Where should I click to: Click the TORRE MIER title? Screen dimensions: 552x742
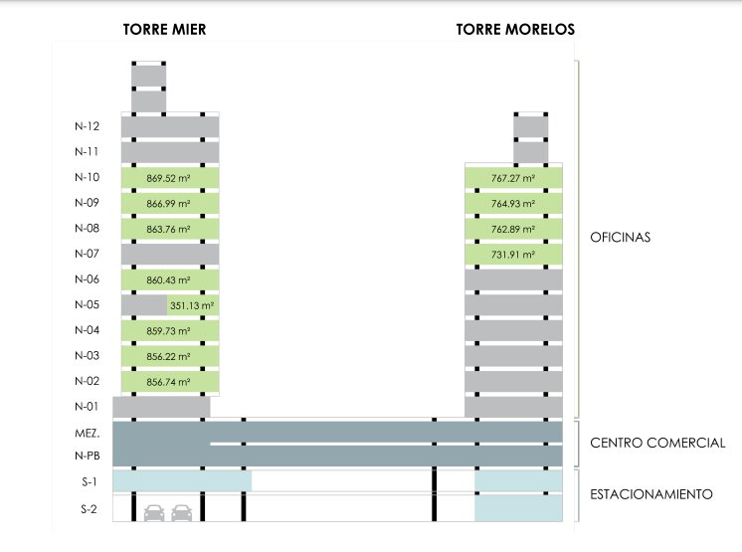click(x=164, y=30)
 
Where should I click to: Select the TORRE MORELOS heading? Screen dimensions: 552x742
click(x=515, y=30)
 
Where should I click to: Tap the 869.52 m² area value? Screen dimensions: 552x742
click(x=168, y=178)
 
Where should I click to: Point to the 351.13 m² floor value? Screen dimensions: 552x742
click(x=193, y=306)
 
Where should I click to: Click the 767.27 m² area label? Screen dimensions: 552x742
click(x=513, y=178)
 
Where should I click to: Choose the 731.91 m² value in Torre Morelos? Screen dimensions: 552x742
click(x=513, y=256)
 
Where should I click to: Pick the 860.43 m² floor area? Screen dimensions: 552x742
click(x=168, y=281)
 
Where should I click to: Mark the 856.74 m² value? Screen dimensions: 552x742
click(x=168, y=381)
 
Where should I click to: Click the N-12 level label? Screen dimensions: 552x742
click(x=87, y=126)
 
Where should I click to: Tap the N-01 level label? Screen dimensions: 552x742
click(x=87, y=406)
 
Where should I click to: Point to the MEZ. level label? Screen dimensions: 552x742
click(x=88, y=435)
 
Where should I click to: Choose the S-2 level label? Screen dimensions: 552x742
click(x=88, y=509)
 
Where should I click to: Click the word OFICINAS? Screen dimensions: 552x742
click(x=620, y=238)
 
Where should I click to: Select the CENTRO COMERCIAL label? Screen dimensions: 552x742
click(x=657, y=444)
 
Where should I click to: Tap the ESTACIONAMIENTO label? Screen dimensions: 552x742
click(x=650, y=494)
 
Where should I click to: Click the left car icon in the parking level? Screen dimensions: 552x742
click(x=154, y=513)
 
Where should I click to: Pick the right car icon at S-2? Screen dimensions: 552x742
click(x=181, y=513)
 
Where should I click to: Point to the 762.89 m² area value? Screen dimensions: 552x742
click(x=513, y=230)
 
